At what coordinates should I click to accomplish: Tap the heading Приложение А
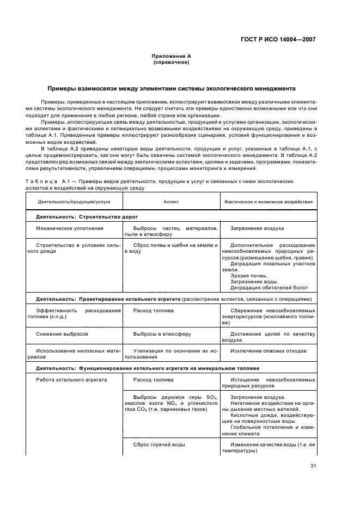[x=171, y=56]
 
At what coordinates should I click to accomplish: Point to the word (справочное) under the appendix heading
[x=171, y=62]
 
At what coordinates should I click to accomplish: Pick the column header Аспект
[x=171, y=201]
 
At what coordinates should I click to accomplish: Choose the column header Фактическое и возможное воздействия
[x=269, y=201]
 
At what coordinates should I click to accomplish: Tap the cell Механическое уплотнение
[x=70, y=228]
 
